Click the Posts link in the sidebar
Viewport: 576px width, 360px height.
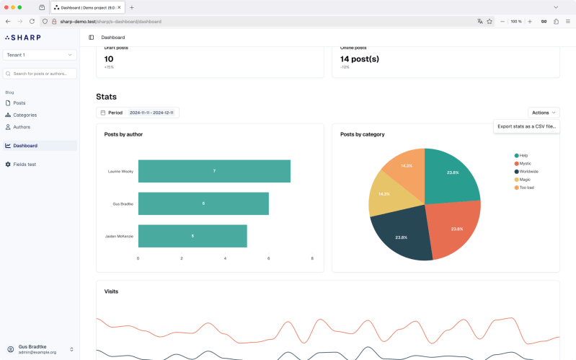[19, 103]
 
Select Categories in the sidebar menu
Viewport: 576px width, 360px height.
[25, 115]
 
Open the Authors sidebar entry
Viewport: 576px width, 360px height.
[22, 127]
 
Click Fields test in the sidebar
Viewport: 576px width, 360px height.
[25, 164]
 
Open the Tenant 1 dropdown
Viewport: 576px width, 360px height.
[40, 55]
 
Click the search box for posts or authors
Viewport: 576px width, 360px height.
[40, 74]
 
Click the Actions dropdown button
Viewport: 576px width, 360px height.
[544, 113]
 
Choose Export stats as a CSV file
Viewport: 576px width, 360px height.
[526, 126]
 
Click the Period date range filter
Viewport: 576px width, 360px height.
[138, 113]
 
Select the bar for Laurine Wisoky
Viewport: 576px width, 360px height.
[214, 171]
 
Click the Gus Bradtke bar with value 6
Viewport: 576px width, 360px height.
[203, 203]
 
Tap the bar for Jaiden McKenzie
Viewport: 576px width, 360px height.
[192, 236]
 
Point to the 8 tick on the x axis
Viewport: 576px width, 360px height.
[312, 258]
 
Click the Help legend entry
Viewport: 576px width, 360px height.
[524, 155]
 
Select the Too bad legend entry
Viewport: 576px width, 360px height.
[526, 188]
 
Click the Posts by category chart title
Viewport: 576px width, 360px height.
[362, 134]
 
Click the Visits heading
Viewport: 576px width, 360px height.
[111, 291]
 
